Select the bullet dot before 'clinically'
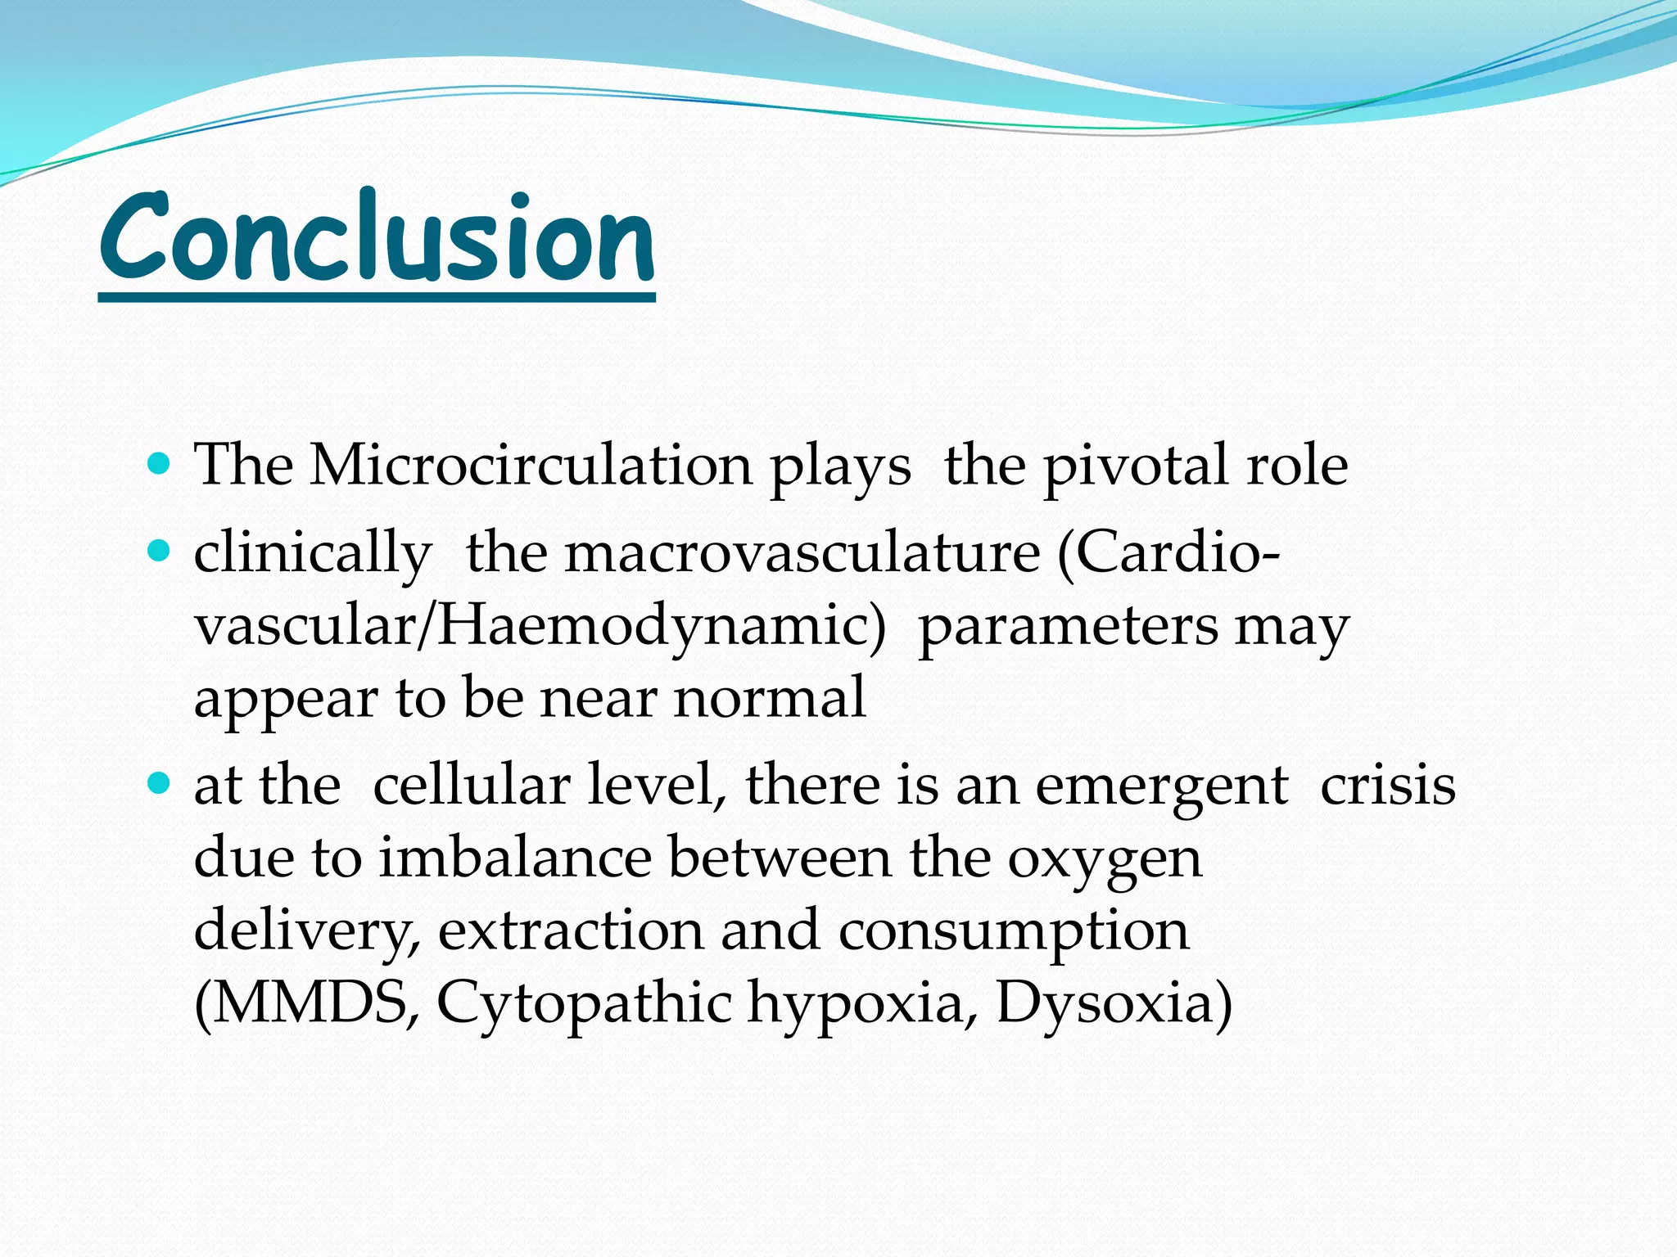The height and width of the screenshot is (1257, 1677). tap(159, 552)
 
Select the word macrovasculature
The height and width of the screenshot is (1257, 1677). tap(802, 553)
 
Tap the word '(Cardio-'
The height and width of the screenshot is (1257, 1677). tap(1169, 553)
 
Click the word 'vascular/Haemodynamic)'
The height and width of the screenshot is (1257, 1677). tap(540, 627)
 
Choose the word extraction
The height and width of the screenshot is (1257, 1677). tap(571, 930)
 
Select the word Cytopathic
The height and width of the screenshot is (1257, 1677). tap(584, 1005)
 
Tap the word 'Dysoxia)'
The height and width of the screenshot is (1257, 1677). tap(1114, 1005)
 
